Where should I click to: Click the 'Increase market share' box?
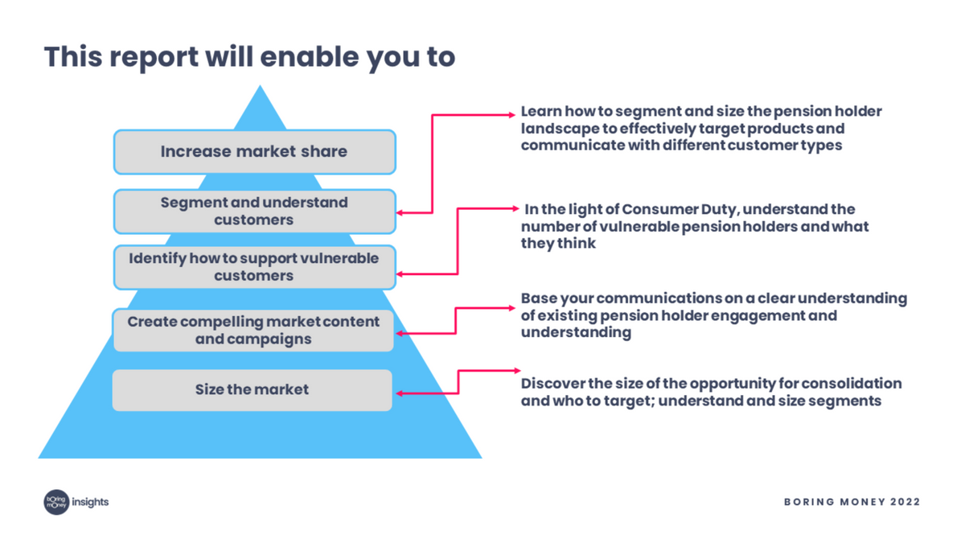pos(254,152)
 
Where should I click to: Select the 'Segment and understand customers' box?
pos(254,211)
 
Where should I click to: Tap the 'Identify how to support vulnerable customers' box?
pos(254,267)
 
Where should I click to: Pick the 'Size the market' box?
pos(252,390)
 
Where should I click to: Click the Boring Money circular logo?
pos(55,502)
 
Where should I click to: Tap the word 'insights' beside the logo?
pos(90,502)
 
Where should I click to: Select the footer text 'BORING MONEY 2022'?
pos(852,502)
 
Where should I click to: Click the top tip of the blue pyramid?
pos(260,87)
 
